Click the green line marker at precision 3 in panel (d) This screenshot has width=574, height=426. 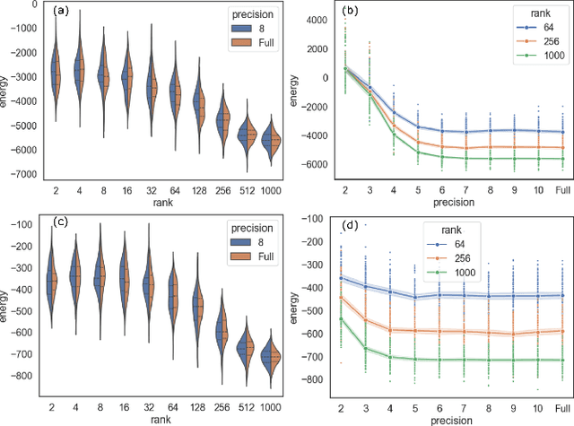[x=365, y=348]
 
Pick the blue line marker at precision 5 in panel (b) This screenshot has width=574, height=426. [x=419, y=126]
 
